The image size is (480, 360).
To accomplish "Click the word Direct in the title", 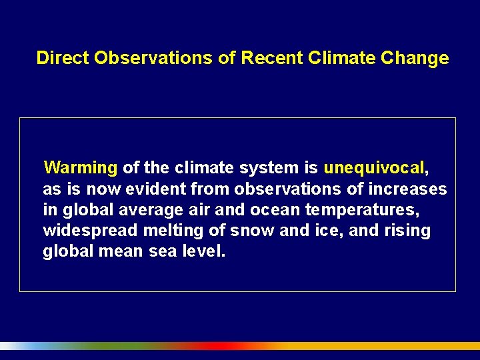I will (x=63, y=58).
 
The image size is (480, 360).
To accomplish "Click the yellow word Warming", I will (x=81, y=167).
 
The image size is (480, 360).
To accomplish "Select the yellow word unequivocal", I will (x=374, y=167).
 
